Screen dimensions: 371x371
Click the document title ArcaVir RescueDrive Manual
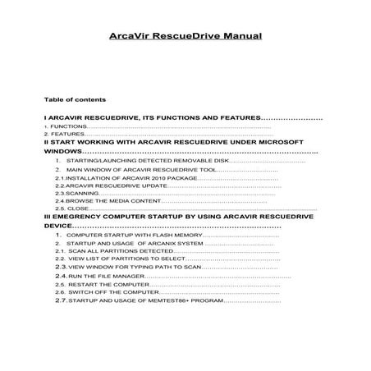(185, 36)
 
